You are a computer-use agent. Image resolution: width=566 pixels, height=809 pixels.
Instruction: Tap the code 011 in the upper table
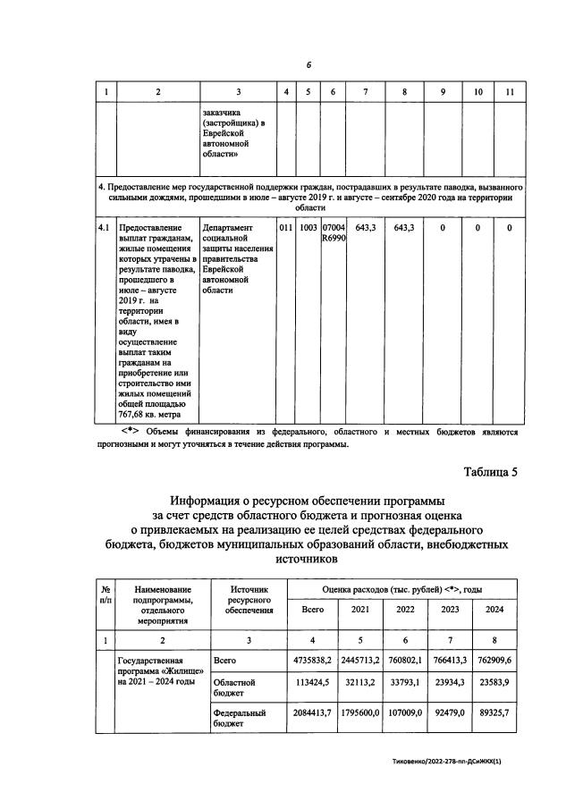coord(285,228)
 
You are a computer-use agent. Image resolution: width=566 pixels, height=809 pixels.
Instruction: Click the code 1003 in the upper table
coord(308,228)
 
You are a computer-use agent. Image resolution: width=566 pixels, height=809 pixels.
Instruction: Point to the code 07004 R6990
coord(333,234)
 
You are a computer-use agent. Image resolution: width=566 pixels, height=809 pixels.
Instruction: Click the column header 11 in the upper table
coord(509,92)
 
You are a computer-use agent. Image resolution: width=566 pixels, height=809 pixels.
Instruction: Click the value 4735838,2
coord(313,661)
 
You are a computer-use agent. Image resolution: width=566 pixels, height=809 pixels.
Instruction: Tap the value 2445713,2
coord(360,661)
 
